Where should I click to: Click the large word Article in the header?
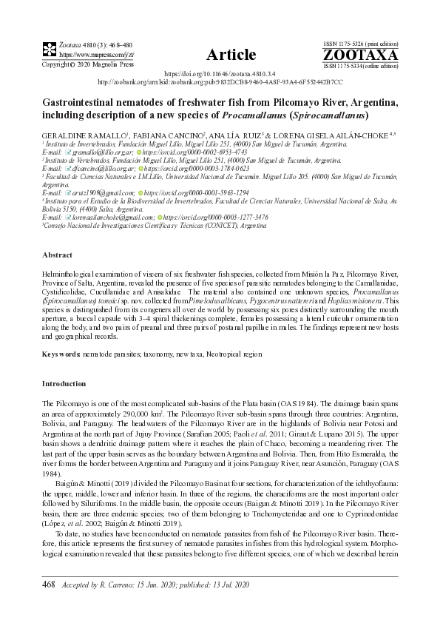point(231,54)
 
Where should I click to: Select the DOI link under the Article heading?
point(220,75)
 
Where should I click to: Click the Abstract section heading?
point(56,253)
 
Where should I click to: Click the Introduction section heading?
point(64,384)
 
